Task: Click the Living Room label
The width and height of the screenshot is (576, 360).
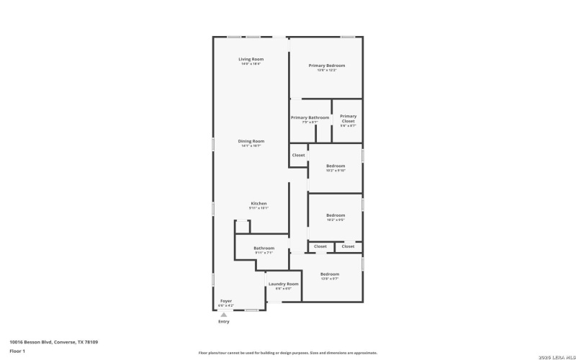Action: [x=251, y=58]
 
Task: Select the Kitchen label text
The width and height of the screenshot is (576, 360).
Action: [x=259, y=203]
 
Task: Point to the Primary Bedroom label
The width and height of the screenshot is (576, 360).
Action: [x=326, y=66]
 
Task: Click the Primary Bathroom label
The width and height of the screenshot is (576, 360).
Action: [x=310, y=117]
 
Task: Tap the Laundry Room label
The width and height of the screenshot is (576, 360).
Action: [x=283, y=284]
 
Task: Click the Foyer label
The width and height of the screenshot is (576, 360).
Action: [x=226, y=300]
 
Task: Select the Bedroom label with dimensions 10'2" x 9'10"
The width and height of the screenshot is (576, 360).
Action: [x=336, y=166]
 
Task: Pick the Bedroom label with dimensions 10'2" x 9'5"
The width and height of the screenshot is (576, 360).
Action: [x=336, y=215]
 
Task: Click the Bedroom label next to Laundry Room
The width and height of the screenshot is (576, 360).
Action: [x=330, y=274]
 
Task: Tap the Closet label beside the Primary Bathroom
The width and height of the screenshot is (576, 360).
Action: [x=298, y=155]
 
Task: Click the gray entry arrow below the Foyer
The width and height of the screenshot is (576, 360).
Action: [x=224, y=315]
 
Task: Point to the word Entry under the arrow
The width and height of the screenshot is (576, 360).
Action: [x=224, y=322]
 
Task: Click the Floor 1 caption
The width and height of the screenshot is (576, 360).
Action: [x=17, y=351]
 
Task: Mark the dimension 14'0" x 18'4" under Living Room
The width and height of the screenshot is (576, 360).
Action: [x=251, y=64]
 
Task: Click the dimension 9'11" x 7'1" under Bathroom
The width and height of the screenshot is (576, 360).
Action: [x=264, y=253]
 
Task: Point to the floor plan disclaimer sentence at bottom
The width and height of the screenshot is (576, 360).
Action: [x=287, y=353]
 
